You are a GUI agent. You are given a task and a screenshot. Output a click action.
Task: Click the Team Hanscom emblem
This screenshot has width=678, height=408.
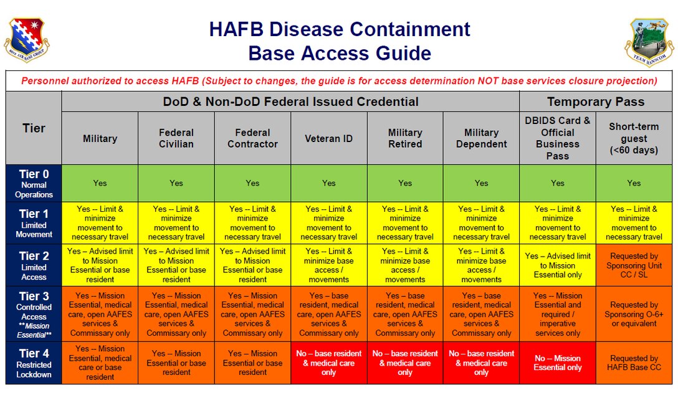650,42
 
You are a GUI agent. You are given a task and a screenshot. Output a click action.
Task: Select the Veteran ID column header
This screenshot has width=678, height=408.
328,138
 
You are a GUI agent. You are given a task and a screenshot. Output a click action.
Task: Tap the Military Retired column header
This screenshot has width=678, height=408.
405,138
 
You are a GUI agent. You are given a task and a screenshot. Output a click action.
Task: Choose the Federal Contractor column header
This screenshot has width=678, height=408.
252,138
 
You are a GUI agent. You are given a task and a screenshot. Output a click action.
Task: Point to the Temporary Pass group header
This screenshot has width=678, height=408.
596,102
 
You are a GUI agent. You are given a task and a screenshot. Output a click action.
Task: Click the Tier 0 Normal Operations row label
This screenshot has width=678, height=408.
34,183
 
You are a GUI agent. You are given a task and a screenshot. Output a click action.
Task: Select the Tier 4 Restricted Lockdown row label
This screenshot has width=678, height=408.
34,363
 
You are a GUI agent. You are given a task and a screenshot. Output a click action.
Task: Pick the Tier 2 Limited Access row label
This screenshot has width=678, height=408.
34,265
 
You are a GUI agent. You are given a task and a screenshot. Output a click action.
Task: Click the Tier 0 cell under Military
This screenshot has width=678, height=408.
100,183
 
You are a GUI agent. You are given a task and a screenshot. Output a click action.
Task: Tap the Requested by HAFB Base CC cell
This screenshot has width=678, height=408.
634,363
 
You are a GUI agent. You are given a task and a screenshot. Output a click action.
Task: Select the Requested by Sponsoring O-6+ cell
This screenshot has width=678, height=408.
634,314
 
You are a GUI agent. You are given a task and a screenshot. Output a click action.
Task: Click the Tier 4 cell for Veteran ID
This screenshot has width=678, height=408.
328,363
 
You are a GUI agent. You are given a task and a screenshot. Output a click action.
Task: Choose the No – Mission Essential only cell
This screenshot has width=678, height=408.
558,363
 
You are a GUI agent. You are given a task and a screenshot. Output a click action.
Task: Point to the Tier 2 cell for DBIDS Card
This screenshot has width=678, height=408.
558,265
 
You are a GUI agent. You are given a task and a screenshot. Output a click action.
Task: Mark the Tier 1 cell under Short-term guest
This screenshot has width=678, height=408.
634,223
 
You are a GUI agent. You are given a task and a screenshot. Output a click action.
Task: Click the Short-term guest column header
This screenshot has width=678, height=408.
634,138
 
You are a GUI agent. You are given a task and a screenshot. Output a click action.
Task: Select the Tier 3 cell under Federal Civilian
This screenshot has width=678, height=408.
176,314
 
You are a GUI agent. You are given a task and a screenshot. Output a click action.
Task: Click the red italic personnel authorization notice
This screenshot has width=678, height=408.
339,81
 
